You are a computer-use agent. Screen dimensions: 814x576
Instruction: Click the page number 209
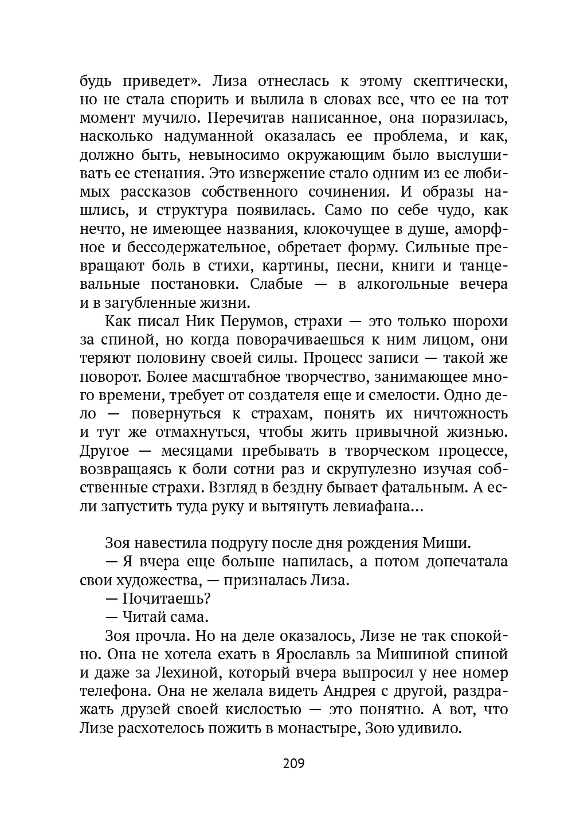(x=293, y=764)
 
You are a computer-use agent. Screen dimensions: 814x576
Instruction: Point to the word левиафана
(x=383, y=507)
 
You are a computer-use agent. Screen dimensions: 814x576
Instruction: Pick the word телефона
(x=115, y=690)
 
